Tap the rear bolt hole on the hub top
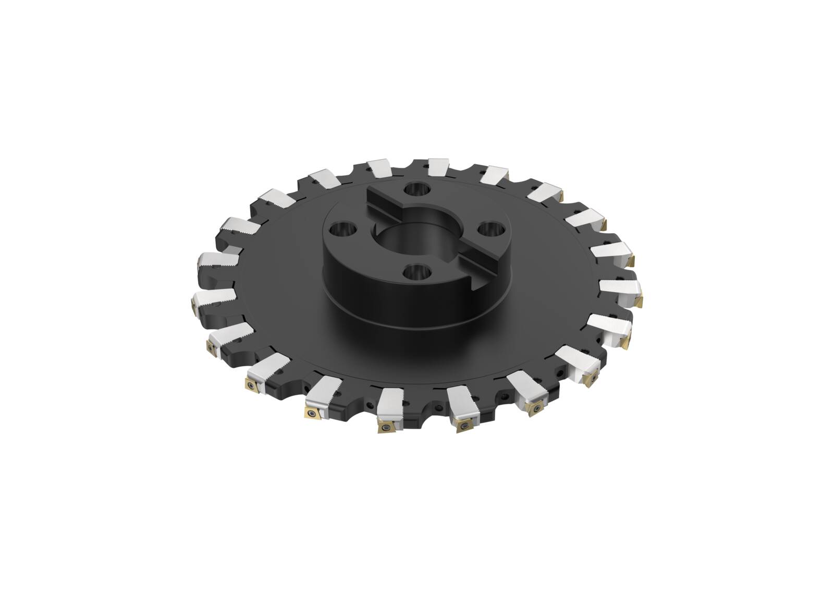pyautogui.click(x=416, y=188)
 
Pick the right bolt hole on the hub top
pyautogui.click(x=488, y=228)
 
